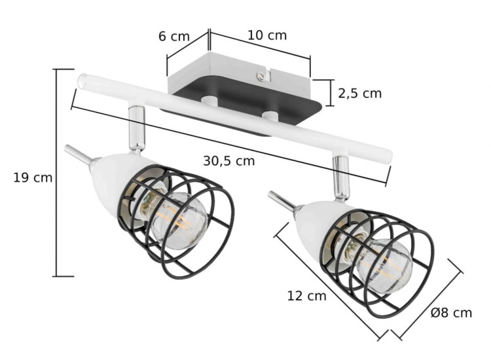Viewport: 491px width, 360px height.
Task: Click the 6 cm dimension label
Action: pos(174,37)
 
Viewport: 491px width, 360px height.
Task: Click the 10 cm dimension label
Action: pos(266,35)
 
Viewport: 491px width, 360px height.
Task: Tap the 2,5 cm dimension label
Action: pos(359,93)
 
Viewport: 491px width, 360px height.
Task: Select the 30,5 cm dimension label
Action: pos(228,160)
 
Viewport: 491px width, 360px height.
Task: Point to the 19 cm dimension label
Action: pos(33,177)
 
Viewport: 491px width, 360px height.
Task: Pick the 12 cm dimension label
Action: pos(306,296)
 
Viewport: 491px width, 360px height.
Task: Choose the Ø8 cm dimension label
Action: pos(451,313)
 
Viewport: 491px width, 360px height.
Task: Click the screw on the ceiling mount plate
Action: pos(263,77)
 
